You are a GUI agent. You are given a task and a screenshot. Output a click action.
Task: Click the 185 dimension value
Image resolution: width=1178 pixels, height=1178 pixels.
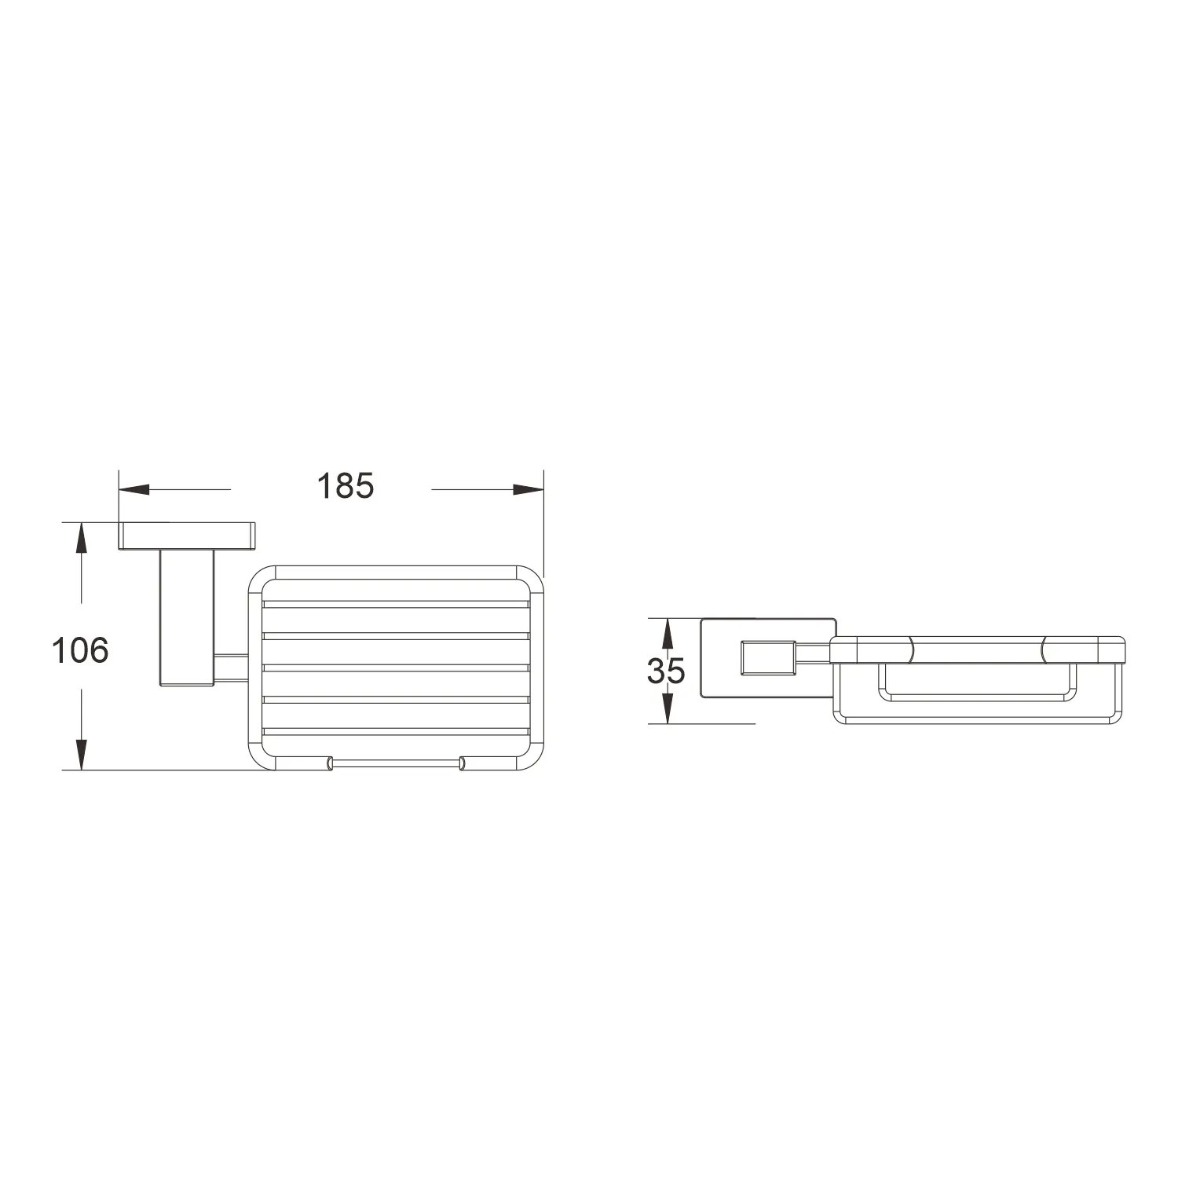coord(346,486)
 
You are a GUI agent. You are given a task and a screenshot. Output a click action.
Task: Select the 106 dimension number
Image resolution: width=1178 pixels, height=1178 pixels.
coord(80,650)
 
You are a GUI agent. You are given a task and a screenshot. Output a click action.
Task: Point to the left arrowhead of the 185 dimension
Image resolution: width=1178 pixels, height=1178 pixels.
coord(134,489)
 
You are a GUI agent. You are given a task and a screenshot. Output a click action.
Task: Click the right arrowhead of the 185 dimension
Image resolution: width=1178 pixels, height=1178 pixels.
coord(529,489)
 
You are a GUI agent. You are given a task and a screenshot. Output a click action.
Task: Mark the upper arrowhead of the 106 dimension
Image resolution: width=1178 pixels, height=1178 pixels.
coord(80,540)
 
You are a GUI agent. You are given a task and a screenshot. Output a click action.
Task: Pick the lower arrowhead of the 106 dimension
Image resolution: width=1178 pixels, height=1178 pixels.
coord(80,754)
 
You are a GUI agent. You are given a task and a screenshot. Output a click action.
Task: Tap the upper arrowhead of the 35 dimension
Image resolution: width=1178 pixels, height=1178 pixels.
coord(666,633)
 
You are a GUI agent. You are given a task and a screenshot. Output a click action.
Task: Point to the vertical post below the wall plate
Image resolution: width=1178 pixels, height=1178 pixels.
coord(187,618)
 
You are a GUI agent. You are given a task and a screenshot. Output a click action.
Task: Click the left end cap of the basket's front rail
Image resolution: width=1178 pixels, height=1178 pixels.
coord(330,762)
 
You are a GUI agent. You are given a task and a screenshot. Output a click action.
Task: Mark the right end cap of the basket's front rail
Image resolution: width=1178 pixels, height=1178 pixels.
coord(462,762)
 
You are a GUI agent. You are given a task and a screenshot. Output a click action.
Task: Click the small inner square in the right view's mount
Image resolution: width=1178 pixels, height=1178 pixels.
coord(769,657)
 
